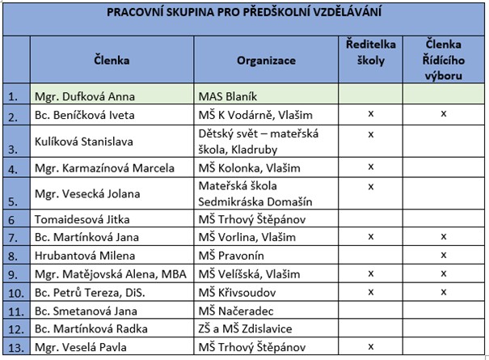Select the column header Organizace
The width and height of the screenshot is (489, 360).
coord(266,60)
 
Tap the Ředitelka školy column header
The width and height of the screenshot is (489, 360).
coord(370,60)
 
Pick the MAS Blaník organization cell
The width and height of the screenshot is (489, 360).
coord(229,95)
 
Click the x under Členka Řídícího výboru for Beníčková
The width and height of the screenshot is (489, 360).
coord(443,113)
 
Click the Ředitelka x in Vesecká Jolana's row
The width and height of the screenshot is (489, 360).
coord(370,187)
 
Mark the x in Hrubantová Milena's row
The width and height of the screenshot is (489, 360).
coord(443,254)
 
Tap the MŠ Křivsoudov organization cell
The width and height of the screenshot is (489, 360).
coord(237,291)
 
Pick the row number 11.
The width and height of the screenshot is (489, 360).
coord(14,310)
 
